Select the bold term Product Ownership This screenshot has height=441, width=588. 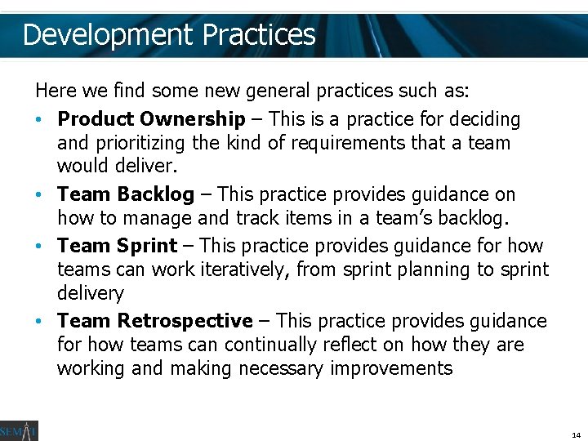(x=151, y=119)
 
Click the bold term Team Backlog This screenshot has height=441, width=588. (x=126, y=194)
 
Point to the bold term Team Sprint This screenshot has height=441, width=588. (x=117, y=246)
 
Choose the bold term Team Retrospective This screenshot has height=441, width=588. (x=155, y=321)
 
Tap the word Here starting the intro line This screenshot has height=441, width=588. (x=54, y=89)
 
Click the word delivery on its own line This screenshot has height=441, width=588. (x=90, y=294)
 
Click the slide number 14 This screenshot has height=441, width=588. (x=576, y=435)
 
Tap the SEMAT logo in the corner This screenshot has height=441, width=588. (x=19, y=430)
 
